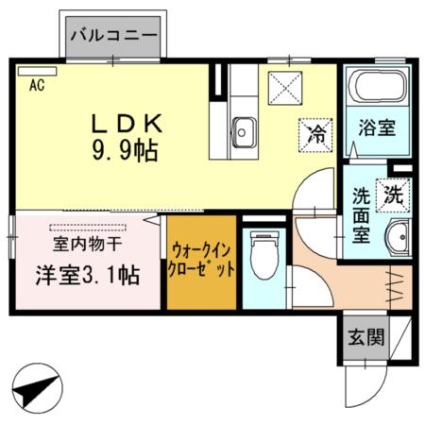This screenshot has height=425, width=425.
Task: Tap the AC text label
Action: [37, 86]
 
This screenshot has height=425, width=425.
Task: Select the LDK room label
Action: [128, 123]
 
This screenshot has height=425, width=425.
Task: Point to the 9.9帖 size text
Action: [124, 149]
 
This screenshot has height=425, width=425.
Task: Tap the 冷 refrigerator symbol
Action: [316, 132]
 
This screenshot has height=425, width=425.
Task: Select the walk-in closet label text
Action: [201, 260]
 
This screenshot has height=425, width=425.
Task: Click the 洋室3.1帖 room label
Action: [88, 276]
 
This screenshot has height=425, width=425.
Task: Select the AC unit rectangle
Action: [37, 70]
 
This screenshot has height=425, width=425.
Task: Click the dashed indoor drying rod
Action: [90, 227]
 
